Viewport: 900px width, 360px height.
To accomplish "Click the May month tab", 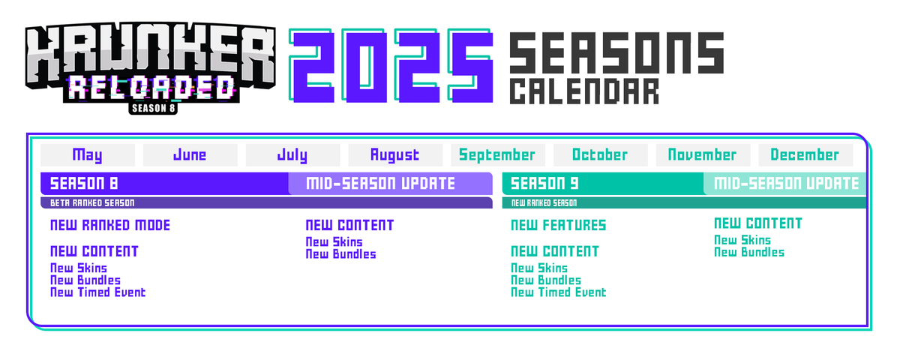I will (88, 155).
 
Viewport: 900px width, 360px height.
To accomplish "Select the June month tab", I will (190, 155).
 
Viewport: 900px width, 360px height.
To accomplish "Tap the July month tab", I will (292, 155).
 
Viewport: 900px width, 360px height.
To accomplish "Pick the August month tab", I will (395, 155).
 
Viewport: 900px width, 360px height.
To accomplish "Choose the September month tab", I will (497, 155).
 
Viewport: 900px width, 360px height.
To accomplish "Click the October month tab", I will (600, 155).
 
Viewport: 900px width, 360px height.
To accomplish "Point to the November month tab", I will (703, 155).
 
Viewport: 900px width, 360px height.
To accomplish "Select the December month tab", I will (805, 155).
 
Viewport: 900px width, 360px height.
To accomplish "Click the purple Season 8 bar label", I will (84, 183).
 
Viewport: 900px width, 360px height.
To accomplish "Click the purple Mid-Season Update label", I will (380, 183).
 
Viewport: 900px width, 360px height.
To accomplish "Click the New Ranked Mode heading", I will (110, 225).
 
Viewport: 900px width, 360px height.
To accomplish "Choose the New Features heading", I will (558, 225).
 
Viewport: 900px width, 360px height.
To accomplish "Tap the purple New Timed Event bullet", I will (97, 292).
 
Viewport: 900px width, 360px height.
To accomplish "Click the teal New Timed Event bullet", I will (558, 292).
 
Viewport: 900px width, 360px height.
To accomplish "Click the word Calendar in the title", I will (584, 92).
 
